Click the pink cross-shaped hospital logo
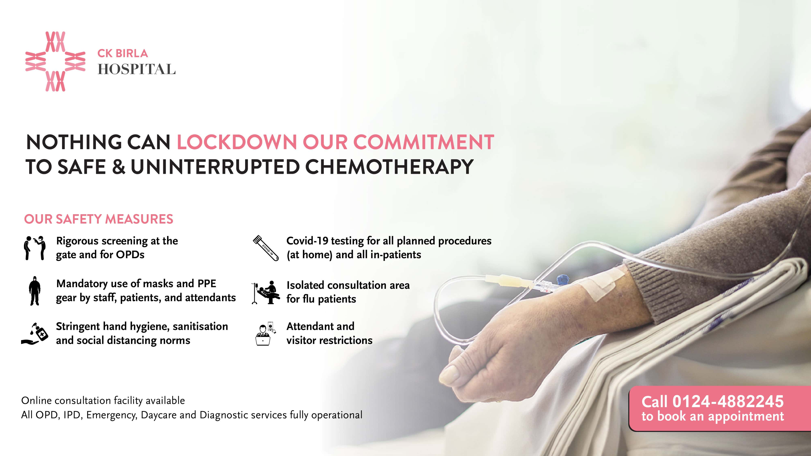(55, 61)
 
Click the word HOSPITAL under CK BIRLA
(137, 69)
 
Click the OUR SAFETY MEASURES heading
(99, 219)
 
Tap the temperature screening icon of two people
(35, 248)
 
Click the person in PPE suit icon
(35, 291)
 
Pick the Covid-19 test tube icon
(266, 248)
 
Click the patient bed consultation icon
(265, 292)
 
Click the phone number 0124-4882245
(728, 401)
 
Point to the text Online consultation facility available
(103, 401)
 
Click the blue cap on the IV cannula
(562, 279)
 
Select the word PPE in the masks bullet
(207, 284)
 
